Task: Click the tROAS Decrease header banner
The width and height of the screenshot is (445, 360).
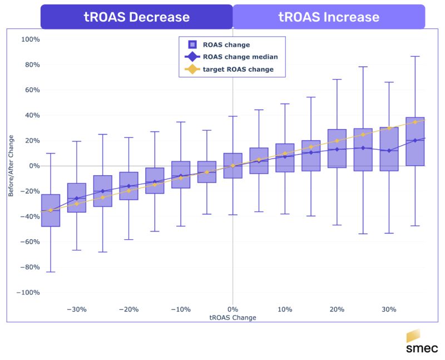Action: coord(136,17)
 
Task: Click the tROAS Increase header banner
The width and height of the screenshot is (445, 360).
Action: coord(329,17)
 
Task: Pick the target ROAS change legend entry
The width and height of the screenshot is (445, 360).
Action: coord(238,70)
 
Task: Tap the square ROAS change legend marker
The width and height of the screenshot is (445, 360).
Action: coord(192,45)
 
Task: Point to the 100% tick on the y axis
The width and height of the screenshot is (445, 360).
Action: coord(31,40)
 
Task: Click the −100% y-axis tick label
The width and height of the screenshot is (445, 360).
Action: coord(28,293)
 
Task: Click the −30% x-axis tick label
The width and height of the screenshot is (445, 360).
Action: coord(76,309)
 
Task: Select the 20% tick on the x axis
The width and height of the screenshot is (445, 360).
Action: coord(337,309)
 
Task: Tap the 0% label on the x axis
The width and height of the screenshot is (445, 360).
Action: coord(233,309)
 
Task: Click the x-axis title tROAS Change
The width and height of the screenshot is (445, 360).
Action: coord(233,318)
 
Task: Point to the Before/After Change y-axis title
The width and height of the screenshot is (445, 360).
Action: coord(11,166)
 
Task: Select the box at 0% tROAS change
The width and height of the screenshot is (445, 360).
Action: coord(233,166)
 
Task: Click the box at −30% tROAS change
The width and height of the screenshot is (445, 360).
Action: coord(77,198)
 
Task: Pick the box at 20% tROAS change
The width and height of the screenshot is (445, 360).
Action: coord(337,149)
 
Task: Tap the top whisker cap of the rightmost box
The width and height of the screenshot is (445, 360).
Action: coord(414,56)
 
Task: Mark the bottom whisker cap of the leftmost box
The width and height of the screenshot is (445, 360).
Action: coord(51,272)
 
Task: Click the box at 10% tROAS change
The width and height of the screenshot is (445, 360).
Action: coord(285,158)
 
